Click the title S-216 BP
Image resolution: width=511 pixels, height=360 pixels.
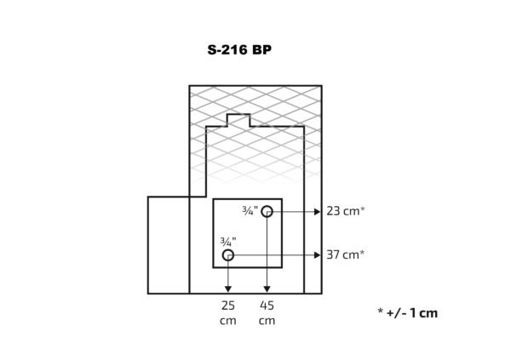[239, 50]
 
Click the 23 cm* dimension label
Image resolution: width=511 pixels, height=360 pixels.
[346, 211]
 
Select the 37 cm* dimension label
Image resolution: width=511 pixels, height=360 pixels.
[346, 254]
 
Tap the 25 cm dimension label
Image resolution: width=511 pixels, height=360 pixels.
[228, 312]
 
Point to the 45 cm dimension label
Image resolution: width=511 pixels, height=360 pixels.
[267, 312]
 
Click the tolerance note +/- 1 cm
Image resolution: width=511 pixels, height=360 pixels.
[412, 313]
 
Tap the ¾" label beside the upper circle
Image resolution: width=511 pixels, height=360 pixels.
[250, 210]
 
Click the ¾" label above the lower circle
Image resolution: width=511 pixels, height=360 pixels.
[228, 242]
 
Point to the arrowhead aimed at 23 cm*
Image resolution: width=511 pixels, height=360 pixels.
[318, 212]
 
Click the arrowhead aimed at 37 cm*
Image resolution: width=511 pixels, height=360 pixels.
[318, 255]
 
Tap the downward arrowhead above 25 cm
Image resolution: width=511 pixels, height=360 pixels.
[228, 289]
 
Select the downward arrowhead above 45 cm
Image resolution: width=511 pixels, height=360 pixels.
[267, 289]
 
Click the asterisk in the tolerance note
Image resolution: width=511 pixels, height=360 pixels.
[381, 311]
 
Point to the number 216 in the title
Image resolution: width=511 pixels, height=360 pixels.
[233, 50]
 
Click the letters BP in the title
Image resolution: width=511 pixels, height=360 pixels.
[261, 50]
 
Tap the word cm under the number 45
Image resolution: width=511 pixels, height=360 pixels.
[267, 321]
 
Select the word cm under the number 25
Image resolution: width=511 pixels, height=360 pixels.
[228, 321]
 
